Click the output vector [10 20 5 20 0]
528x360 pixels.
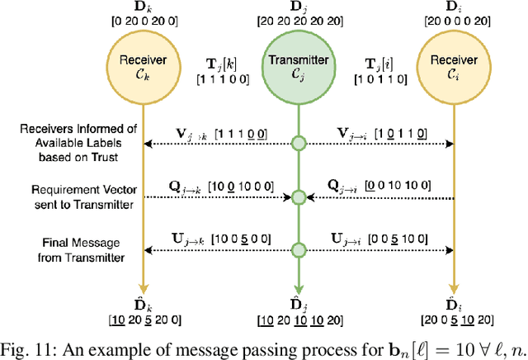click(x=144, y=320)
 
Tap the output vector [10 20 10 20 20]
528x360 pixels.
click(x=299, y=320)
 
